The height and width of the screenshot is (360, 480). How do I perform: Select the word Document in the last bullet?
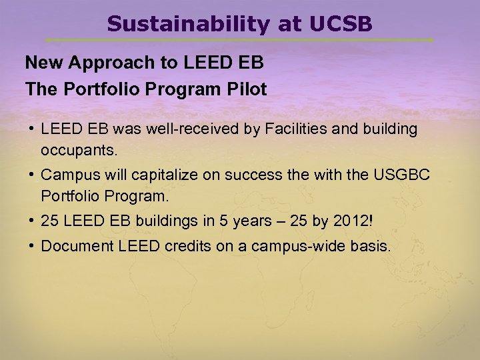point(77,246)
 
